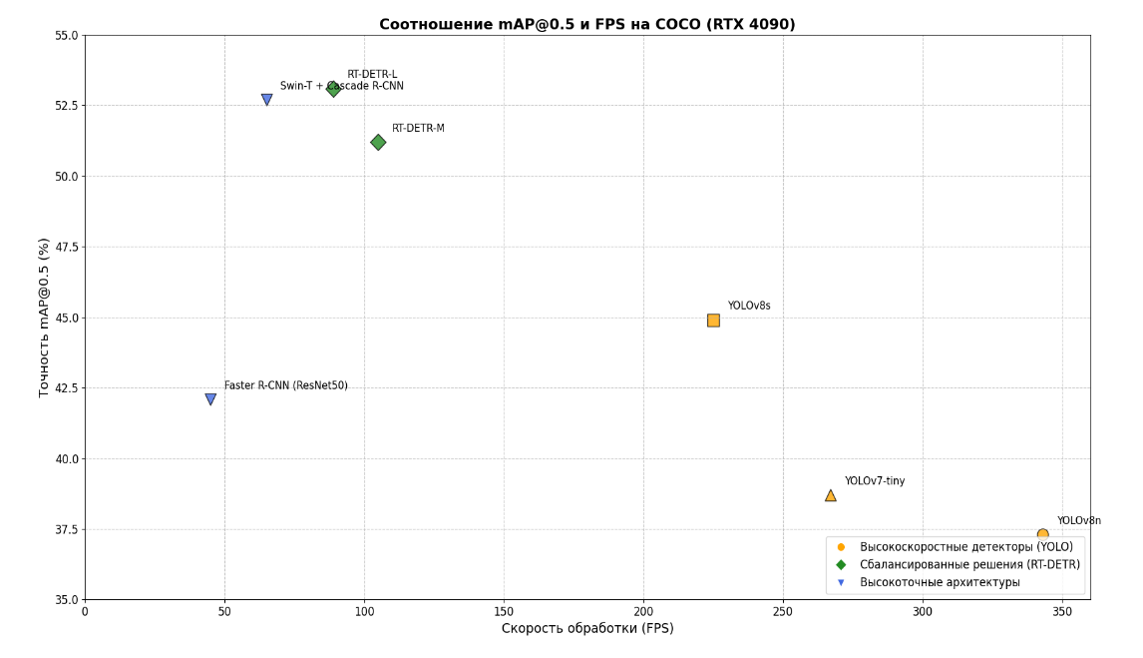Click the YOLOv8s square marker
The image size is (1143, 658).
[713, 321]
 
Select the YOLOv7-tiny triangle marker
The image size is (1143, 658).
[830, 495]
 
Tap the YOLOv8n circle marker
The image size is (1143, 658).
[1042, 535]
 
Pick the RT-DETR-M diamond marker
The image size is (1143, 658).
[378, 143]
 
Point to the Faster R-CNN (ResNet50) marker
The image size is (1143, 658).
[210, 399]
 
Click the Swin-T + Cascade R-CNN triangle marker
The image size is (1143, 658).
[266, 100]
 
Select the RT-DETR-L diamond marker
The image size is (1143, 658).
[333, 89]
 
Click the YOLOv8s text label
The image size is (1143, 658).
[748, 307]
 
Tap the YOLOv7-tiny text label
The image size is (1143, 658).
[875, 481]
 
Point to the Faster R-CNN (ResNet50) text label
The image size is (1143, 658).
[285, 385]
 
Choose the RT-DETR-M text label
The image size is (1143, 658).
[418, 129]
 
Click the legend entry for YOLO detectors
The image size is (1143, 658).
[965, 547]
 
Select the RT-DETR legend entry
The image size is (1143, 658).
[969, 565]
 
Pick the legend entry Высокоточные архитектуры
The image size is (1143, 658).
[940, 582]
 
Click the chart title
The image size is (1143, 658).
[586, 25]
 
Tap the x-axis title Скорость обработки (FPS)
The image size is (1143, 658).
[587, 629]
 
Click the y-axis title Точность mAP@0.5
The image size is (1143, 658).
[44, 318]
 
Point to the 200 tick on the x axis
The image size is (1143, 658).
[643, 611]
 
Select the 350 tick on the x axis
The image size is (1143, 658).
[1062, 611]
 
